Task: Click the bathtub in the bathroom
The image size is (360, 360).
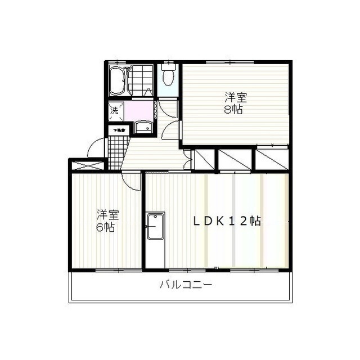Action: (x=117, y=80)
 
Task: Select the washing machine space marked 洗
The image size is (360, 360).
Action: (x=114, y=111)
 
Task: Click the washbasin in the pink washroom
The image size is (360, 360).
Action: (x=143, y=128)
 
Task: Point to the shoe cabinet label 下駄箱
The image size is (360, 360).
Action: (x=119, y=130)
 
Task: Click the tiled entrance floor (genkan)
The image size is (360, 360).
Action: (x=115, y=150)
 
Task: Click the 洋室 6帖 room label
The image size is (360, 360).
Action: (x=107, y=220)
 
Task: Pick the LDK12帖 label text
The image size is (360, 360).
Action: (x=227, y=221)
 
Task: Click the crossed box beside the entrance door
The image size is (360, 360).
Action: (x=87, y=165)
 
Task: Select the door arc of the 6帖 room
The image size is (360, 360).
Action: (x=132, y=181)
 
